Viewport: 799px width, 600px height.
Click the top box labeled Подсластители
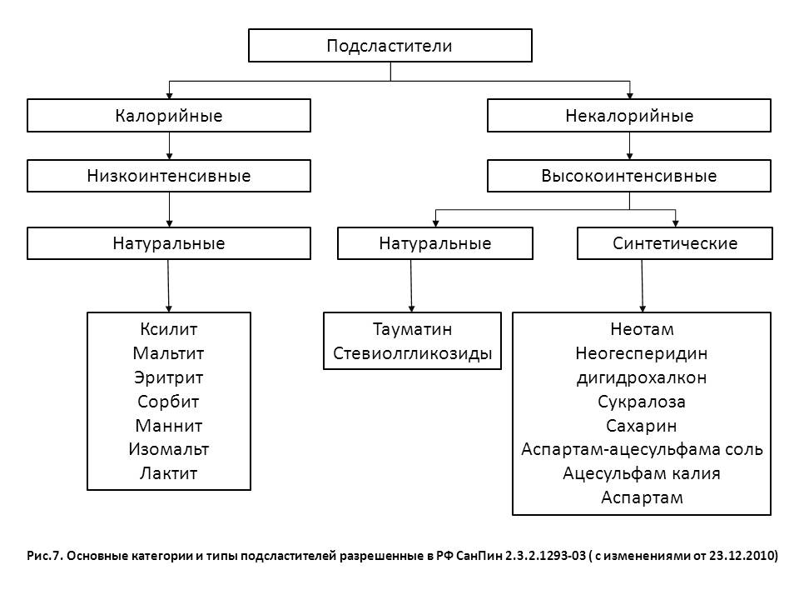[x=390, y=46]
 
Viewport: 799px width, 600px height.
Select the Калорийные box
[x=169, y=116]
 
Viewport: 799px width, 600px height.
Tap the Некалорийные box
[x=629, y=116]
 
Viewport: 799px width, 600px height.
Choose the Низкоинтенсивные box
[x=169, y=176]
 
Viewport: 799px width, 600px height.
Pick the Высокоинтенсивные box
[x=629, y=176]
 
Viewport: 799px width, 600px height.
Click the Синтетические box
[x=675, y=244]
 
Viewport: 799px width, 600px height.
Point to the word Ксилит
[x=169, y=328]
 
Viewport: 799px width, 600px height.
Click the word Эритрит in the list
[x=169, y=377]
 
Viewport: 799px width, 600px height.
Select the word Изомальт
[x=169, y=449]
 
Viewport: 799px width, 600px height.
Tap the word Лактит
[x=169, y=473]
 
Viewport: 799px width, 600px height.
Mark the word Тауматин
[x=412, y=328]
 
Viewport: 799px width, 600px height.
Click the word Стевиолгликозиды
[x=412, y=352]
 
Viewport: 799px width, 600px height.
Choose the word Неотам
[x=642, y=328]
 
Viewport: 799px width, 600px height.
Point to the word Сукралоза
[x=642, y=401]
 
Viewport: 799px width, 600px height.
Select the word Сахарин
[x=642, y=425]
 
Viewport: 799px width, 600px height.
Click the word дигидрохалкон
[x=642, y=377]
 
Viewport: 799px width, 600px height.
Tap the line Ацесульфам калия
[x=642, y=473]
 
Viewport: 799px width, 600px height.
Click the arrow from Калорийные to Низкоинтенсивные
[x=169, y=146]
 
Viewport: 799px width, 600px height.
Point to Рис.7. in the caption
[x=43, y=556]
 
